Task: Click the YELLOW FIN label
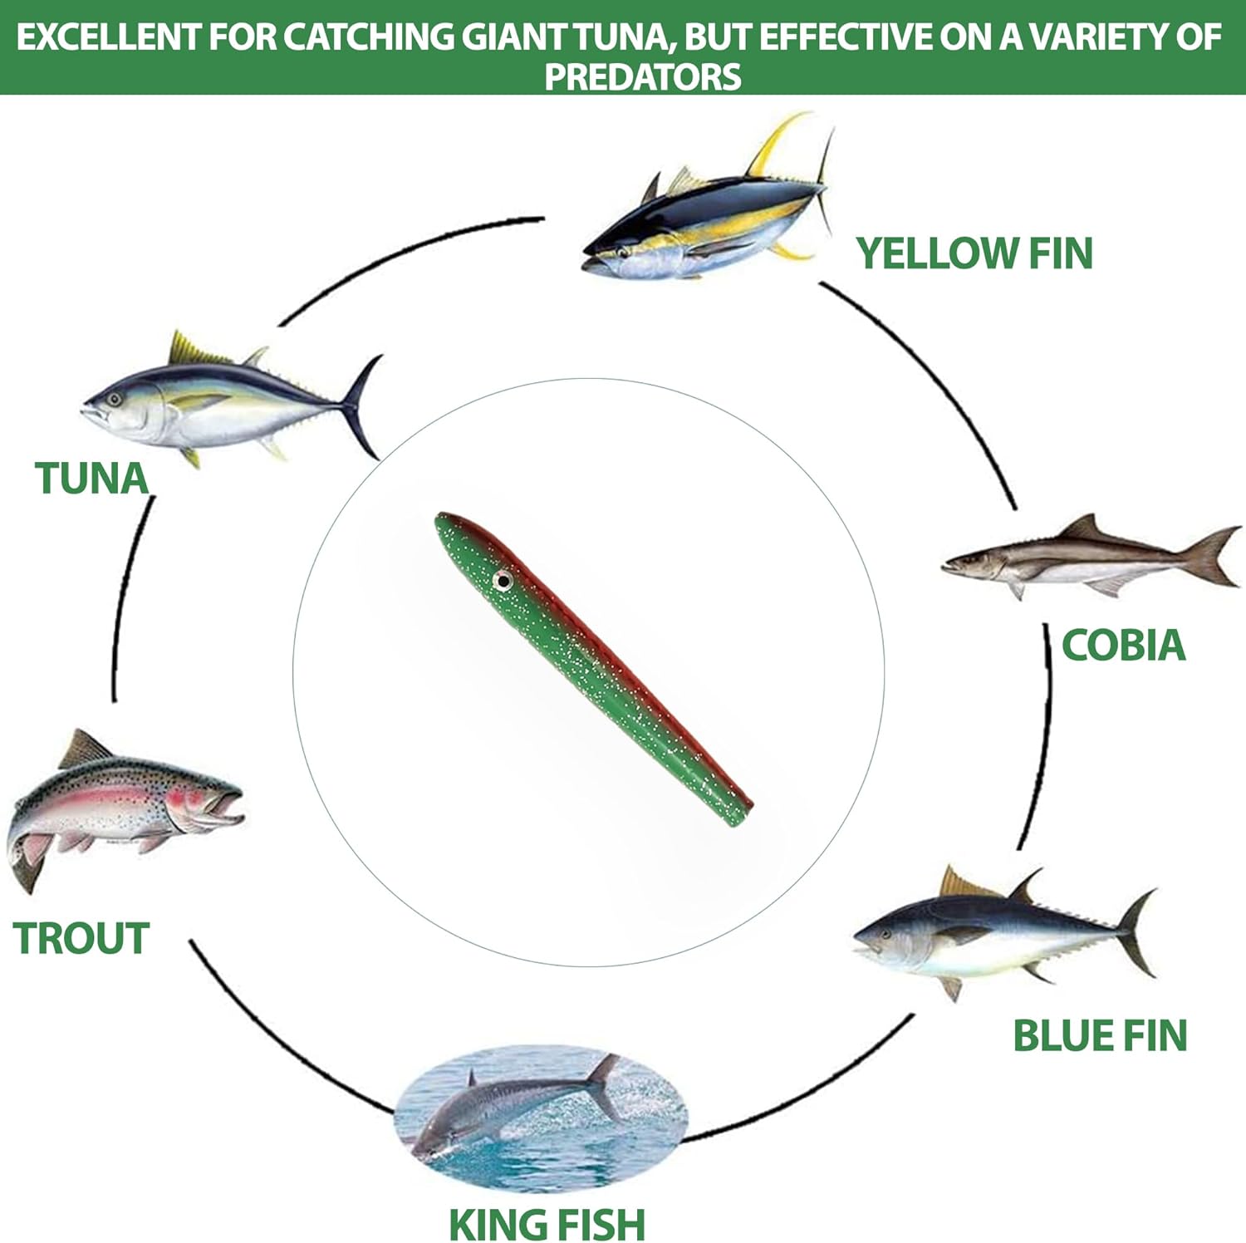tap(974, 253)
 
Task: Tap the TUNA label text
tap(91, 479)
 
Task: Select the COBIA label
tap(1123, 646)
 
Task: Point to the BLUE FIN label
tap(1100, 1036)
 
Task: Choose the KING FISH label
tap(547, 1224)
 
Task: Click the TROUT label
tap(81, 939)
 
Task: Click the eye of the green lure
tap(502, 580)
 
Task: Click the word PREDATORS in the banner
tap(642, 76)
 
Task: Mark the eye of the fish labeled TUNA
tap(114, 399)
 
